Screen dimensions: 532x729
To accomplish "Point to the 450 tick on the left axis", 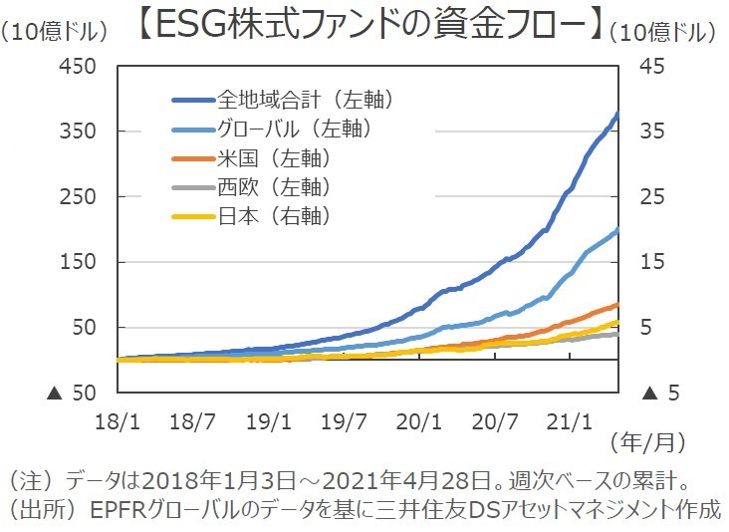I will pyautogui.click(x=79, y=67).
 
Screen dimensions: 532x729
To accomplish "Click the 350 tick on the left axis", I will pyautogui.click(x=79, y=133).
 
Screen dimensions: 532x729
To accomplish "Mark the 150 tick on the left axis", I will pyautogui.click(x=79, y=262).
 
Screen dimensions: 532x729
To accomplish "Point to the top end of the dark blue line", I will pyautogui.click(x=617, y=115).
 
